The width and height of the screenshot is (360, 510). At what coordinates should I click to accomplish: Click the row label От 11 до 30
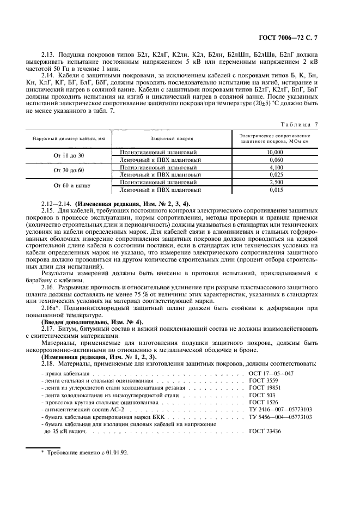point(69,156)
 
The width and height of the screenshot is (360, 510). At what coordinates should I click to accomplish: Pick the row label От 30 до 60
point(69,171)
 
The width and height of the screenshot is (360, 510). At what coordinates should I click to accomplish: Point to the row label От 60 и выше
point(69,186)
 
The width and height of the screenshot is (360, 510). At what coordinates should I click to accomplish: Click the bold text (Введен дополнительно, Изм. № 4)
point(93,322)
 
